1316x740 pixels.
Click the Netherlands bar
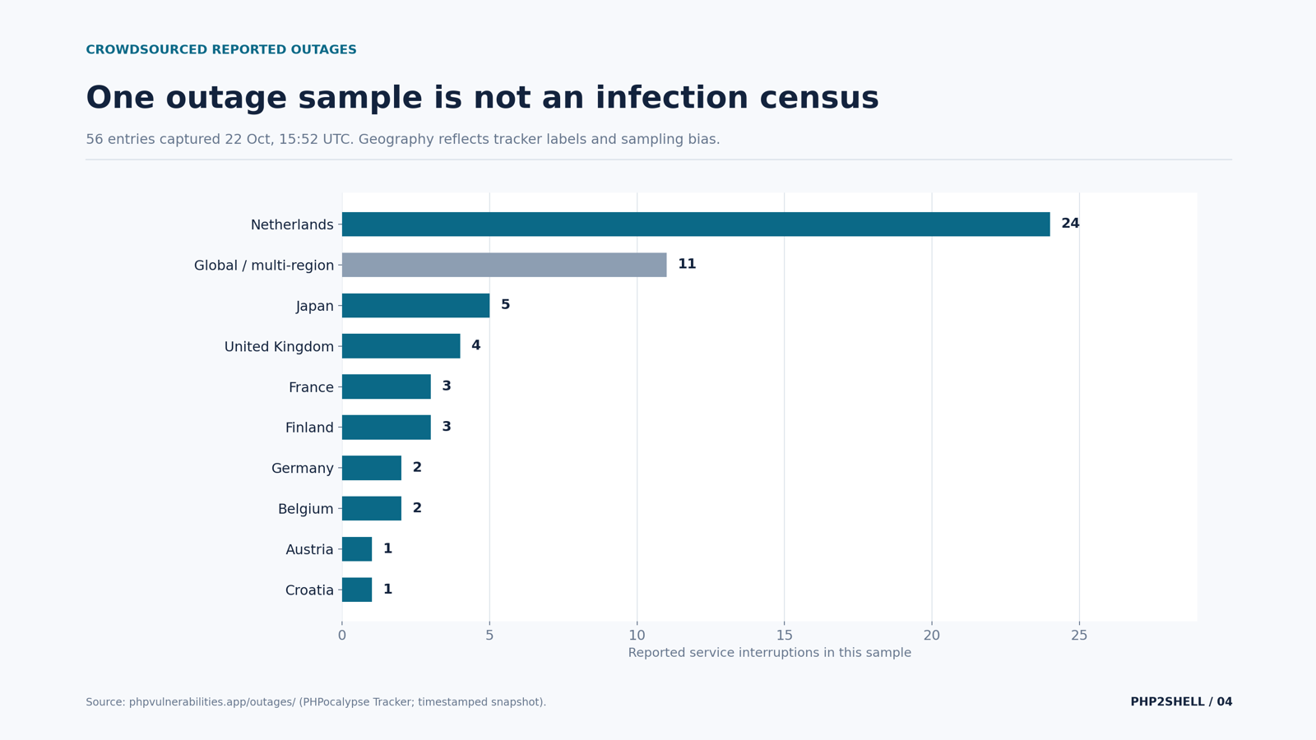696,224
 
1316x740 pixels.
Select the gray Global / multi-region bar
504,265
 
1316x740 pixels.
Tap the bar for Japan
415,305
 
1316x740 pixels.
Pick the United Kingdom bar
401,346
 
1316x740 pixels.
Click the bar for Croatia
357,590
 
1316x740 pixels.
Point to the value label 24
1070,223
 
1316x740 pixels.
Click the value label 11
687,264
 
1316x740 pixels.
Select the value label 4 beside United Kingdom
476,345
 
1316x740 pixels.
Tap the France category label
311,387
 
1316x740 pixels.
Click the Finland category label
309,428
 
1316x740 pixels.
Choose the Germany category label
302,468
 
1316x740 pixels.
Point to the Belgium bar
371,509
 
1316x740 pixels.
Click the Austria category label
309,549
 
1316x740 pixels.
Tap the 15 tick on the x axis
785,636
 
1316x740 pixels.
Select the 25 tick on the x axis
1079,636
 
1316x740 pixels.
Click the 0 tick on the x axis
342,636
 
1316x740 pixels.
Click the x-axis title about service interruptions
770,653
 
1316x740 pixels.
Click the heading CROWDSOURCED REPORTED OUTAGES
221,49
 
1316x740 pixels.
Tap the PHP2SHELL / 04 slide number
1181,702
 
